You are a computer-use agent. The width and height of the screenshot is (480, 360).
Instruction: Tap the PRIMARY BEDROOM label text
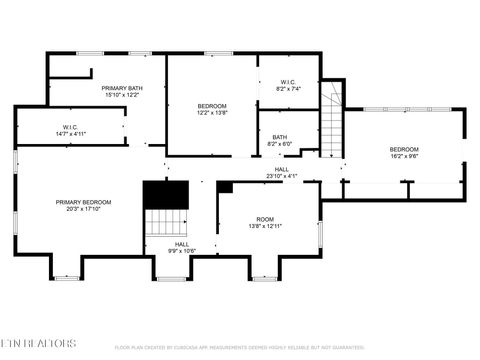(83, 202)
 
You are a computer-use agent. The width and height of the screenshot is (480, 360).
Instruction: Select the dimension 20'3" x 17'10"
(83, 209)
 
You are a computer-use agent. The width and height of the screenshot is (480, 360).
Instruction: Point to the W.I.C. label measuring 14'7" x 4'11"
(70, 127)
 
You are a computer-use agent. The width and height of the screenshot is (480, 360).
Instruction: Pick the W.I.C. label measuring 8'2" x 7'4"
(287, 83)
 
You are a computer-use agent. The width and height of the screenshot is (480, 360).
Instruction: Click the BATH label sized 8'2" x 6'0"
(279, 137)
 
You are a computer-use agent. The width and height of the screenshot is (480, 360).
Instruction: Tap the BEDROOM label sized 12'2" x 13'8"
(212, 106)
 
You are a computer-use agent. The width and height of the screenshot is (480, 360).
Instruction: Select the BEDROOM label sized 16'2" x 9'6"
(404, 149)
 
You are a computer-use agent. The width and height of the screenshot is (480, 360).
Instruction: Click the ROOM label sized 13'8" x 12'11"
(265, 219)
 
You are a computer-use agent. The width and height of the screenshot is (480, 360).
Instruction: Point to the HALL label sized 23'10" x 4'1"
(282, 170)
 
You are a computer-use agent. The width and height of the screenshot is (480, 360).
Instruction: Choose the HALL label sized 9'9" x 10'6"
(182, 244)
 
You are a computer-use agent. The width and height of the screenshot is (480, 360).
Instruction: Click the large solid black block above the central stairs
(166, 194)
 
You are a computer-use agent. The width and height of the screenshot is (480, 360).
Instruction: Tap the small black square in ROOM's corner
(225, 187)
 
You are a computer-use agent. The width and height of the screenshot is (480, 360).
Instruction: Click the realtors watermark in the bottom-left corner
(38, 343)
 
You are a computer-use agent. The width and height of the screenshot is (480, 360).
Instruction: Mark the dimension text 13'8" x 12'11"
(265, 226)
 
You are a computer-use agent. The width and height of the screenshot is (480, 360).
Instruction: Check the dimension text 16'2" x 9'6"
(404, 156)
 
